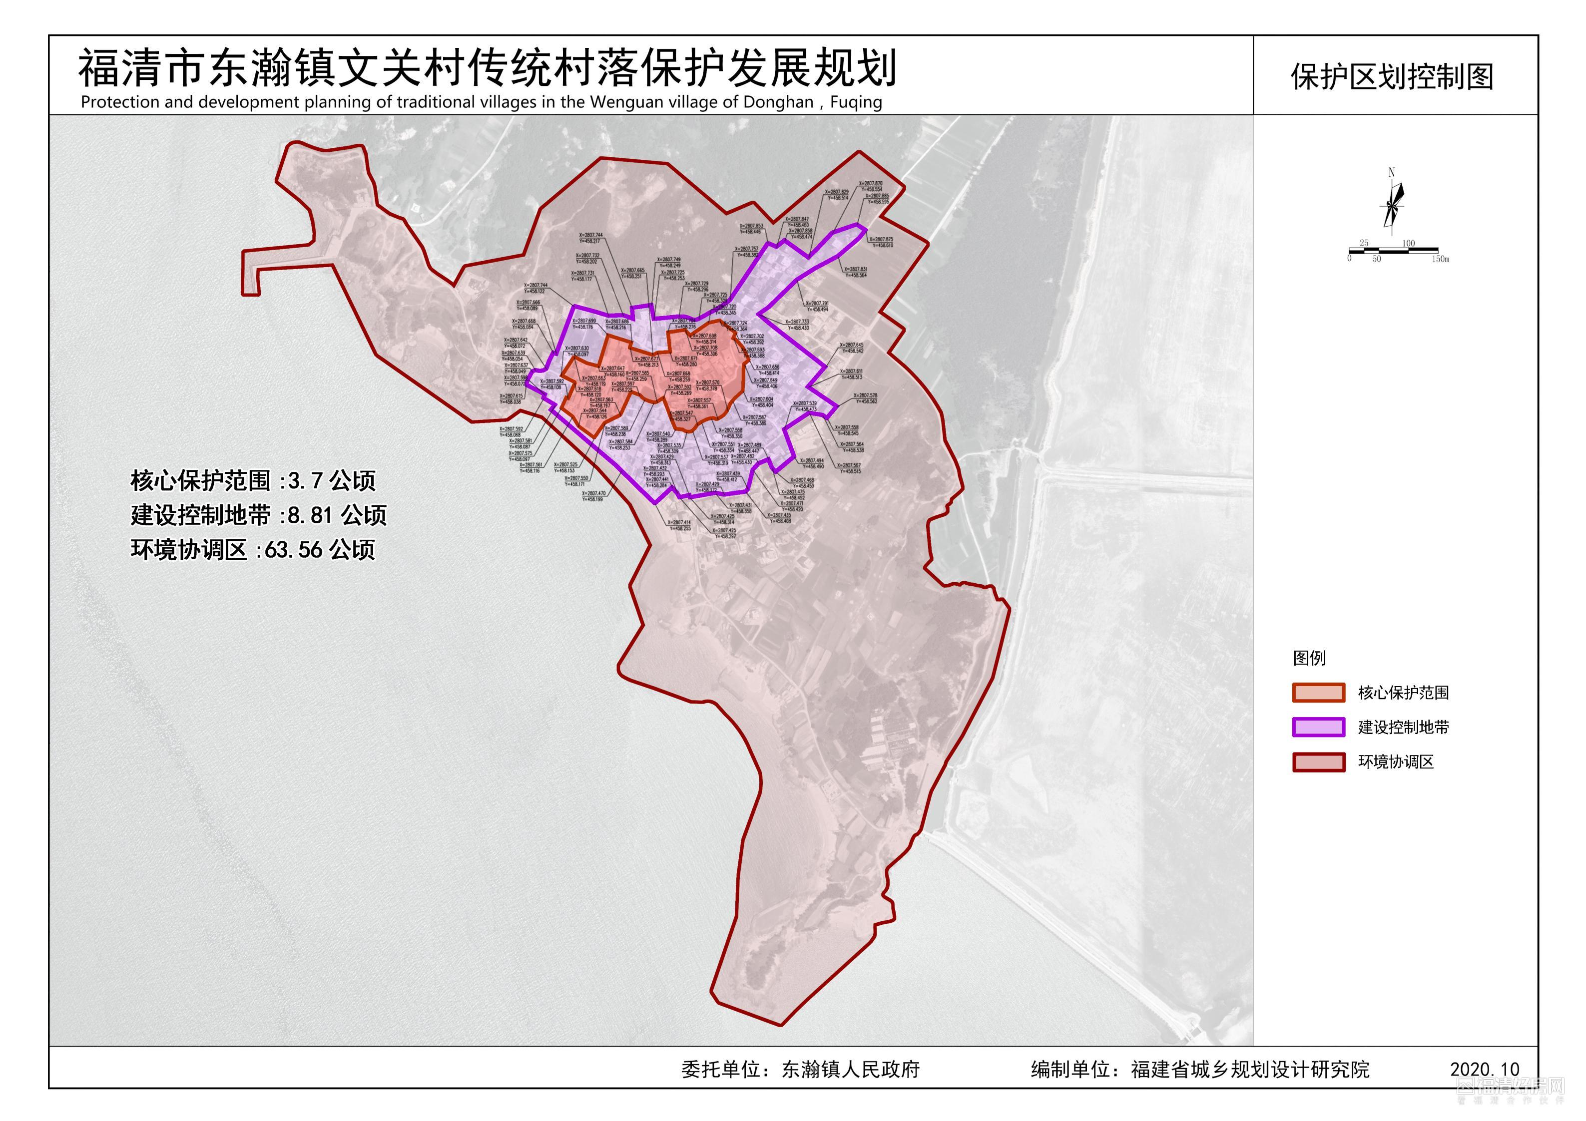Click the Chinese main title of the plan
pyautogui.click(x=487, y=68)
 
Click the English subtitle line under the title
pyautogui.click(x=482, y=102)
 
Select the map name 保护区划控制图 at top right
pyautogui.click(x=1392, y=77)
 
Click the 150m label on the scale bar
pyautogui.click(x=1440, y=259)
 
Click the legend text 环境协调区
pyautogui.click(x=1396, y=762)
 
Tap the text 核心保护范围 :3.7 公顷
pyautogui.click(x=253, y=481)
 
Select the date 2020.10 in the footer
pyautogui.click(x=1485, y=1069)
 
